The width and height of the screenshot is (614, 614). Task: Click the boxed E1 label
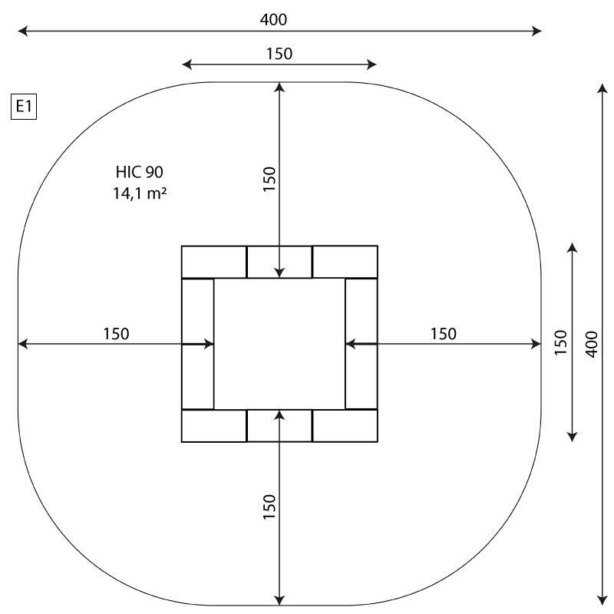tap(24, 106)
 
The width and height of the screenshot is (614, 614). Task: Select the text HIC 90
tap(140, 172)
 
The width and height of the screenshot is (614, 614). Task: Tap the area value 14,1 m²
tap(140, 193)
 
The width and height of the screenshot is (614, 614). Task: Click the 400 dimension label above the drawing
tap(273, 19)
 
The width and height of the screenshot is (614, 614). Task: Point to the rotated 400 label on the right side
tap(592, 344)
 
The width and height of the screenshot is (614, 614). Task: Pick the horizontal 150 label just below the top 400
tap(279, 54)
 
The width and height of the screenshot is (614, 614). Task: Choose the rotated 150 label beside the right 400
tap(561, 342)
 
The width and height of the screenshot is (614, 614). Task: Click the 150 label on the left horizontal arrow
tap(116, 334)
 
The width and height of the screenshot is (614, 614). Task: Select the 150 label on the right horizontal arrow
tap(444, 334)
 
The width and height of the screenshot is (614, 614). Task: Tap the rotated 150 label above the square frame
tap(269, 179)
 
